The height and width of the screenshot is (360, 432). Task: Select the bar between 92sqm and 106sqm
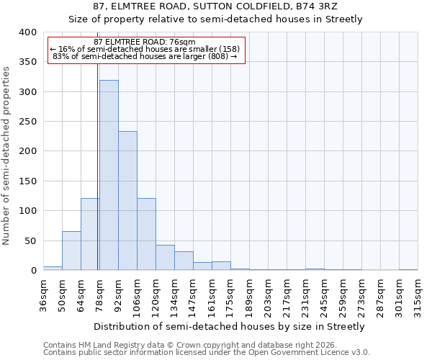[x=127, y=201]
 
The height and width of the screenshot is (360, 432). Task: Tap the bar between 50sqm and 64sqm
[x=71, y=251]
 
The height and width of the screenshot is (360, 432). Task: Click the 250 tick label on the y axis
[x=27, y=122]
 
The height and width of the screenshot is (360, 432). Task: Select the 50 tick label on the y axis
[x=30, y=240]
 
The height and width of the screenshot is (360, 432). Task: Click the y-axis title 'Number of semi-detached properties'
[x=6, y=155]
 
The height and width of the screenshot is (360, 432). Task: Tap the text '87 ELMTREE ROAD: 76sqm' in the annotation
[x=145, y=42]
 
